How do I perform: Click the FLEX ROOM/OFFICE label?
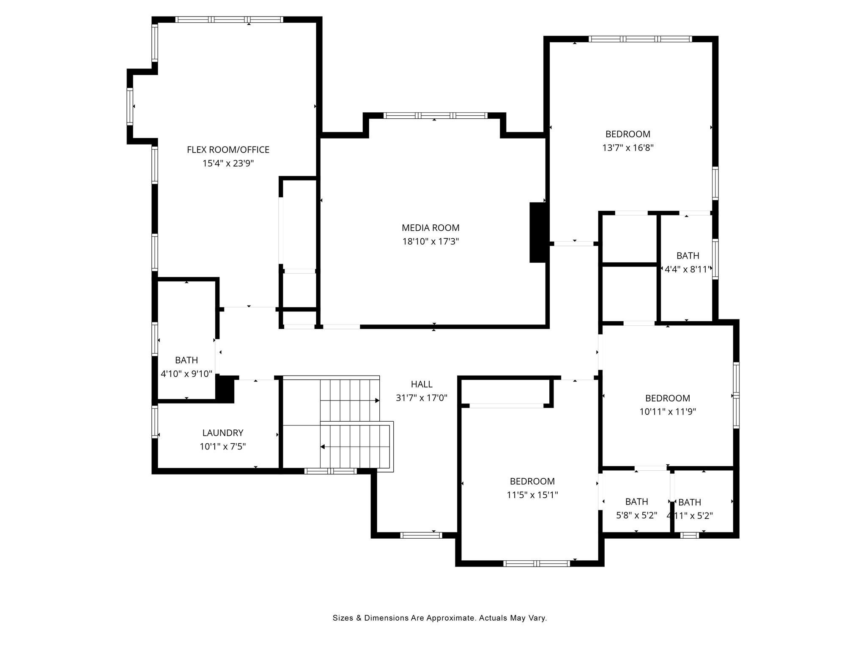228,150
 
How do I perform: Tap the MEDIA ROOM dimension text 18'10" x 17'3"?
430,242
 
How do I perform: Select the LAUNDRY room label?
222,433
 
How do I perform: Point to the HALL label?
422,384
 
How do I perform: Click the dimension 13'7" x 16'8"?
628,148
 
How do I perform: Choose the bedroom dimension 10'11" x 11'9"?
667,412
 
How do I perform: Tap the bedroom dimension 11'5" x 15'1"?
532,495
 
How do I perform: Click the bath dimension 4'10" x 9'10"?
186,374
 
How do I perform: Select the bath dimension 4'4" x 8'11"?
688,270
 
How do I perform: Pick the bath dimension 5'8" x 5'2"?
636,515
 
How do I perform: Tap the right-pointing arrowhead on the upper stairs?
377,400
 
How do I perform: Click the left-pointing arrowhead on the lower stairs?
323,447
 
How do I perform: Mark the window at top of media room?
435,115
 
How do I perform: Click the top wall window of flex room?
229,19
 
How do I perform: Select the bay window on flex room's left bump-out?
130,106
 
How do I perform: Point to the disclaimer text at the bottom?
440,618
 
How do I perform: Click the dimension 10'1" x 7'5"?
222,447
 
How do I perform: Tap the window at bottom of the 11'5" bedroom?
536,563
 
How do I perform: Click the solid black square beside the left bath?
225,388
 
